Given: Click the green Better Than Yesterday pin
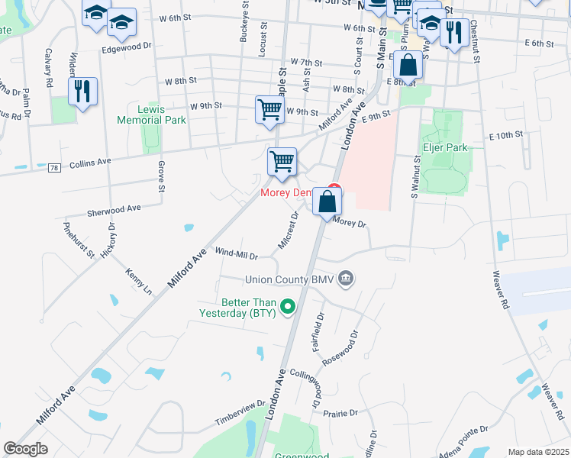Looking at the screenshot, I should pyautogui.click(x=288, y=307).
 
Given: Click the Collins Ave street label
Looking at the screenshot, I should pyautogui.click(x=90, y=162).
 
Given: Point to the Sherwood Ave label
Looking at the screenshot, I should pyautogui.click(x=114, y=208).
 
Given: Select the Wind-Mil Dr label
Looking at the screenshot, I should pyautogui.click(x=237, y=252).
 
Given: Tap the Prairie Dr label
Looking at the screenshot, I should pyautogui.click(x=341, y=413).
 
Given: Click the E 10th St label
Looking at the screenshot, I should pyautogui.click(x=505, y=134).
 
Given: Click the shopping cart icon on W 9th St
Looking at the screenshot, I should pyautogui.click(x=269, y=109).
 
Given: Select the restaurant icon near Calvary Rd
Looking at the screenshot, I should pyautogui.click(x=82, y=92).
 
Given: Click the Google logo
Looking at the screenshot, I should pyautogui.click(x=26, y=449).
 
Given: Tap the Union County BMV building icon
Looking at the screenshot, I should pyautogui.click(x=346, y=277).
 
